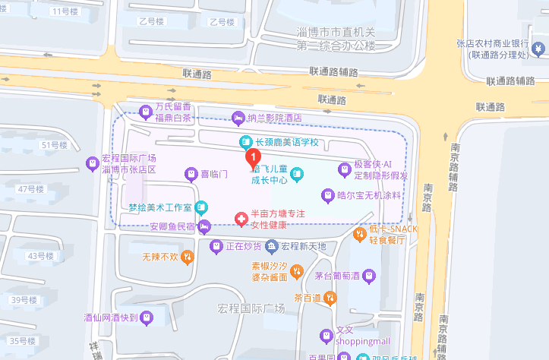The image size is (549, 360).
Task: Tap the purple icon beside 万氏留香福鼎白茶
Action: tap(147, 112)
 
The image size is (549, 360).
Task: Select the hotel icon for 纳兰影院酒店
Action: tap(238, 118)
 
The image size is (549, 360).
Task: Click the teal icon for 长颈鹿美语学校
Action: tap(245, 142)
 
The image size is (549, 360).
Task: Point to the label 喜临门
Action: tap(214, 175)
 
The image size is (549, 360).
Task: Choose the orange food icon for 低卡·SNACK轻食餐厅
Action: tap(360, 233)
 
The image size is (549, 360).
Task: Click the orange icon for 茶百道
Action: tap(330, 298)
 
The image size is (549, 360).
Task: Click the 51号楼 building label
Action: tap(54, 145)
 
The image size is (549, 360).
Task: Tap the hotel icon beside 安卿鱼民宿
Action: tap(204, 226)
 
